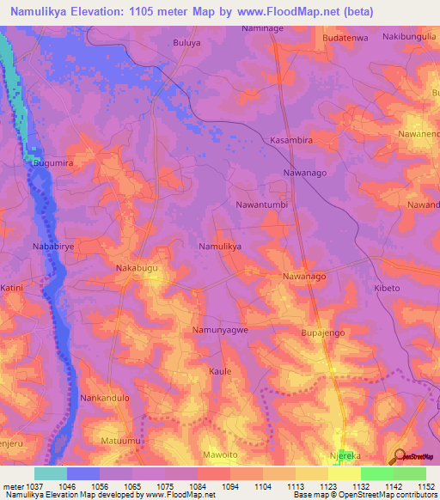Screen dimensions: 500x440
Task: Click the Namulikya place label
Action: pos(220,247)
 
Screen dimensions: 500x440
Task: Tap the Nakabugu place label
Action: pos(137,269)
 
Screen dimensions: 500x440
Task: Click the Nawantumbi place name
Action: pos(261,205)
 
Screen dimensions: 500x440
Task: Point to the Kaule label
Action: pos(221,371)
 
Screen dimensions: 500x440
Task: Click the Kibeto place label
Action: pos(387,289)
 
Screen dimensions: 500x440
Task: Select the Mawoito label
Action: pos(225,454)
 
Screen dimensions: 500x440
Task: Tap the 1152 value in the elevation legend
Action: pos(425,485)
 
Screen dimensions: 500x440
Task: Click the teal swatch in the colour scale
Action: pos(51,473)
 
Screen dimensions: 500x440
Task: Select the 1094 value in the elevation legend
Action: pos(230,485)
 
